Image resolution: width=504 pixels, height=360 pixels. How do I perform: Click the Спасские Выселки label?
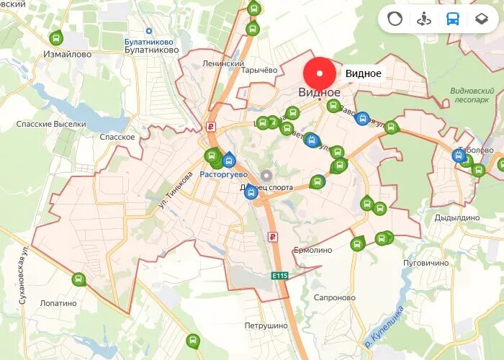coord(51,124)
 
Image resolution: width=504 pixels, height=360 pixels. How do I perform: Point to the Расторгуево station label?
coord(223,174)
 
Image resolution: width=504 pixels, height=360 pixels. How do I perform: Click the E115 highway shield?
coord(280,275)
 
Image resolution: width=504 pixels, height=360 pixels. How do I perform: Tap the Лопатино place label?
coord(58,303)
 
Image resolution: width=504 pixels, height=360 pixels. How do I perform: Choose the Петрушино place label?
coord(266,325)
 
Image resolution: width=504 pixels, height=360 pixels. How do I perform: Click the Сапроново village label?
coord(335,297)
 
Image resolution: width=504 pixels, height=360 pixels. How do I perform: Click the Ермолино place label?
coord(312,250)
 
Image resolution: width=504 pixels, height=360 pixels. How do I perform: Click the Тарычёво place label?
coord(259,70)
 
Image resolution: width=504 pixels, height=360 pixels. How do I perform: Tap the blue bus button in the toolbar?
coord(453,19)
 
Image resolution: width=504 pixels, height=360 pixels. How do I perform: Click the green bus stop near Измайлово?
coord(56,37)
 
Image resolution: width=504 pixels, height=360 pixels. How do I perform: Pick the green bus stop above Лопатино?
coord(78,279)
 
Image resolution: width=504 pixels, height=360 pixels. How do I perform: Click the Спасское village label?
coord(117,137)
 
